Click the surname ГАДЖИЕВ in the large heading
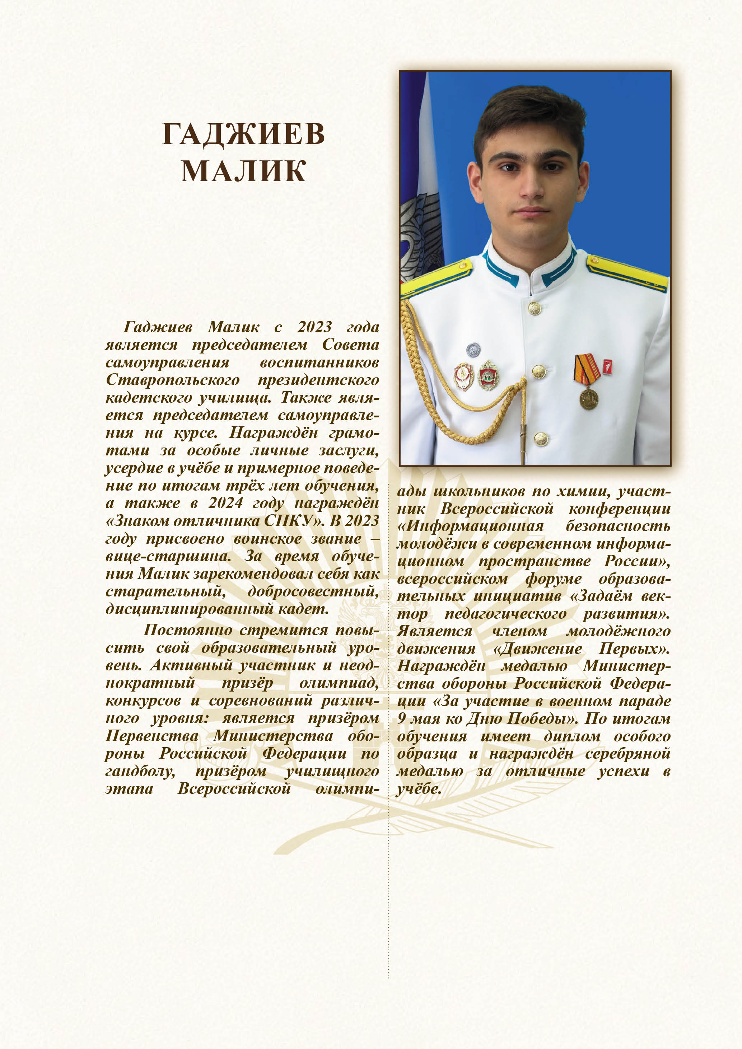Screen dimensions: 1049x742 pos(243,134)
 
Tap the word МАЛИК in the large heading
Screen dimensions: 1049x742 pos(243,171)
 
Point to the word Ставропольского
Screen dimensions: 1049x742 pos(173,380)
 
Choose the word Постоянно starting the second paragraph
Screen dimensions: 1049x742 pos(190,630)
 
